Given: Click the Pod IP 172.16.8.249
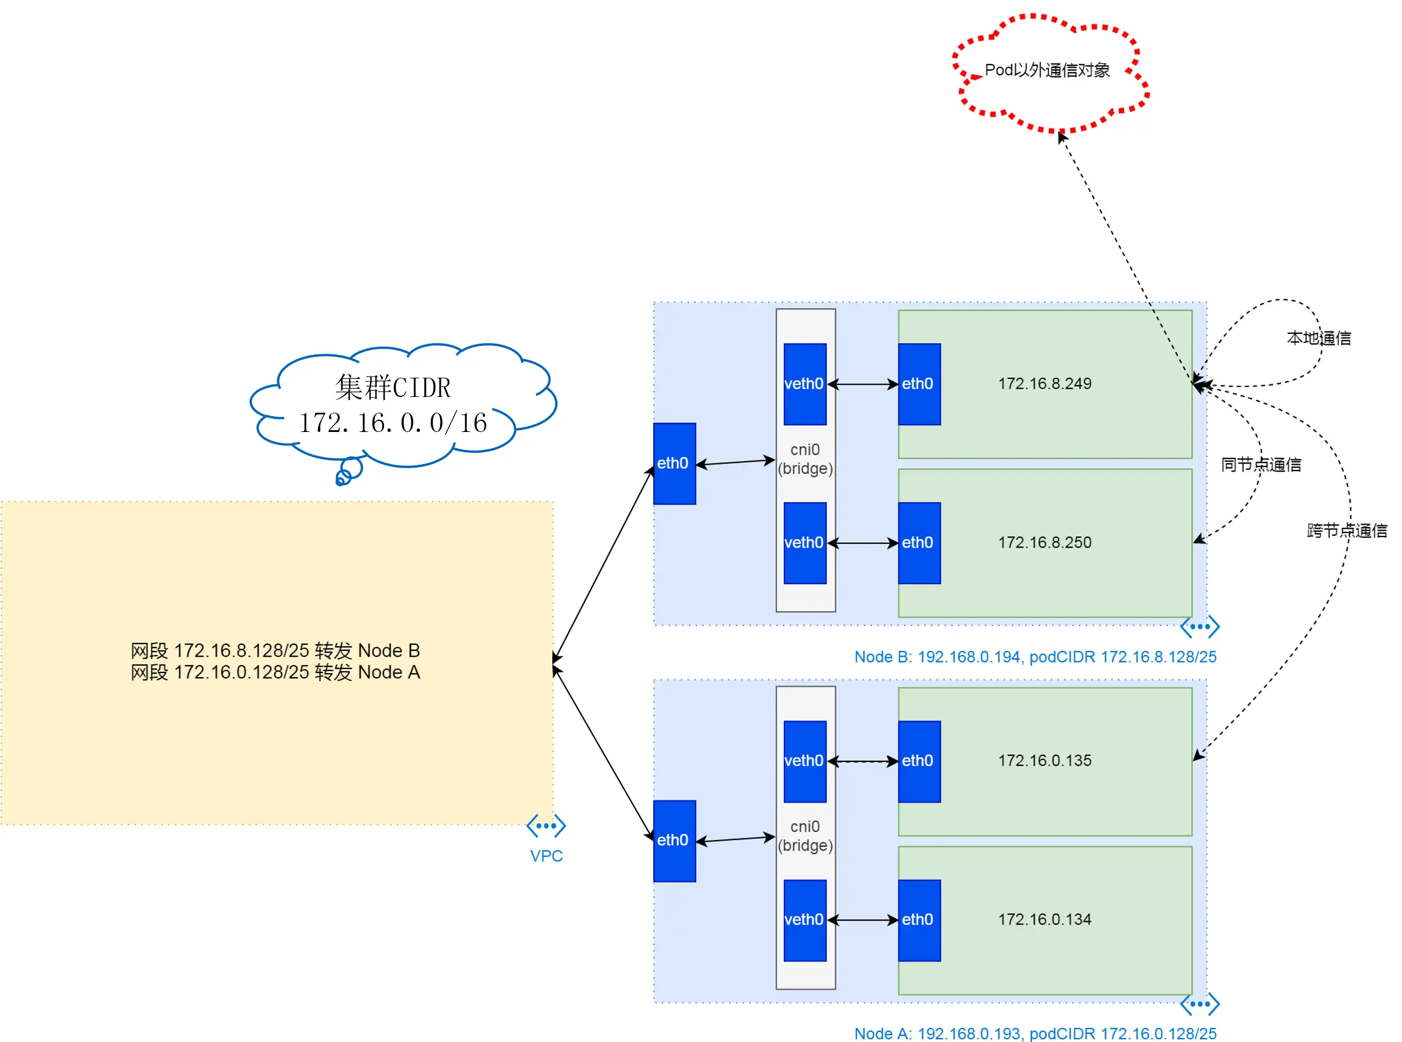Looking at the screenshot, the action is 1044,384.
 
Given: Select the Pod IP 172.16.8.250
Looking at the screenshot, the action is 1044,542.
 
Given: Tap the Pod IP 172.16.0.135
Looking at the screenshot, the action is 1044,761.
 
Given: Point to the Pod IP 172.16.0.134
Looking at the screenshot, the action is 1044,919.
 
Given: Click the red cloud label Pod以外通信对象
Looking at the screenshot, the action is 1047,70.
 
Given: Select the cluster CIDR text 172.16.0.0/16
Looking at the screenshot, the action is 393,423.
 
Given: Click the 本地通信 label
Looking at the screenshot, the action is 1319,338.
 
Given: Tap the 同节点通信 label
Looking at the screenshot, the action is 1261,465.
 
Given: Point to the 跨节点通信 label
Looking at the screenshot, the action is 1347,531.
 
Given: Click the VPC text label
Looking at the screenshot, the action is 546,856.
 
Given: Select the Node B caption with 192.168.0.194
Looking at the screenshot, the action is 1035,657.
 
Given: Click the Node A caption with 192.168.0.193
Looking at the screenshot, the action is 1035,1033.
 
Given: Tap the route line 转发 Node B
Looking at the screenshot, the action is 275,650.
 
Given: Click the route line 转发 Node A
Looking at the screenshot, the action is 275,672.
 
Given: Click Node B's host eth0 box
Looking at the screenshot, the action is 674,464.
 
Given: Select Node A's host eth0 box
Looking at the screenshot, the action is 674,841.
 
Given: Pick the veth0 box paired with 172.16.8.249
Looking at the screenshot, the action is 805,384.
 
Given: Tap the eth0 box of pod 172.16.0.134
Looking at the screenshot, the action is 919,920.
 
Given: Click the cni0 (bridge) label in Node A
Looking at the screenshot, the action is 805,836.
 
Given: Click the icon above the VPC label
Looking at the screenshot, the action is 546,825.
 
